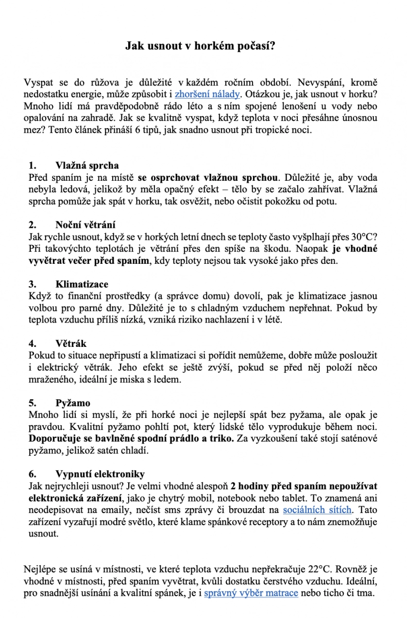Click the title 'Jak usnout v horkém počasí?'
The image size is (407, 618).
pos(203,46)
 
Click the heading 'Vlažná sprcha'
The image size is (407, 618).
pos(87,166)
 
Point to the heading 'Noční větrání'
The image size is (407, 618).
pos(85,225)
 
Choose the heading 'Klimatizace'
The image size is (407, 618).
pos(82,284)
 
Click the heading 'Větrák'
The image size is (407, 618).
pos(71,343)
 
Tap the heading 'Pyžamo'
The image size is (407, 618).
pos(73,403)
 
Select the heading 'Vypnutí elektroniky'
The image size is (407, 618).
pos(100,474)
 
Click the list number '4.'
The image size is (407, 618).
pos(33,343)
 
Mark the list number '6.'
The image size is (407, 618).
pos(33,474)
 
